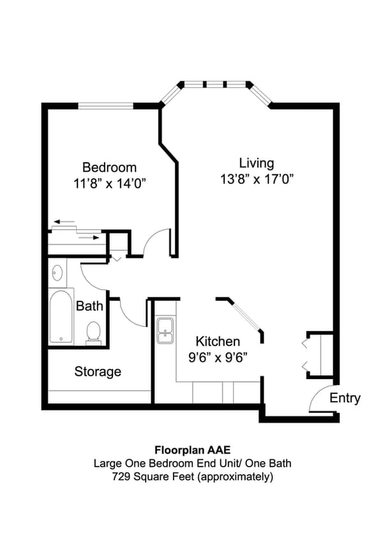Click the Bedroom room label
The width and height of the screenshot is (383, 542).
pyautogui.click(x=109, y=167)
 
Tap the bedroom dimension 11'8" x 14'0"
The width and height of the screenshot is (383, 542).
pyautogui.click(x=109, y=183)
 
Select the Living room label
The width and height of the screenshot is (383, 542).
pyautogui.click(x=256, y=163)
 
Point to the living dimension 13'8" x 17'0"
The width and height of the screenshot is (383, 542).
pyautogui.click(x=256, y=179)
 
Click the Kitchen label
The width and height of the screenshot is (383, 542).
pyautogui.click(x=218, y=341)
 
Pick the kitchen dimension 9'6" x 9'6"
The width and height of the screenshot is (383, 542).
pyautogui.click(x=218, y=357)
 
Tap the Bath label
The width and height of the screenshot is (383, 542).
pyautogui.click(x=89, y=306)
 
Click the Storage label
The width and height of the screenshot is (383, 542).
pyautogui.click(x=98, y=371)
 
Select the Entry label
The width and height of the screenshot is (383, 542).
pyautogui.click(x=345, y=398)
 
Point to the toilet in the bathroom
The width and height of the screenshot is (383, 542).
pyautogui.click(x=93, y=332)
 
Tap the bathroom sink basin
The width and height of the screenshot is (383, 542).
pyautogui.click(x=57, y=272)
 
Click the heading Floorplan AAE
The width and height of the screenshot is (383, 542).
pyautogui.click(x=191, y=449)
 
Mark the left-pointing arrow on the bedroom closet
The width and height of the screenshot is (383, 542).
pyautogui.click(x=64, y=222)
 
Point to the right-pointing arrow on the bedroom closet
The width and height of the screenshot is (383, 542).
pyautogui.click(x=90, y=237)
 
